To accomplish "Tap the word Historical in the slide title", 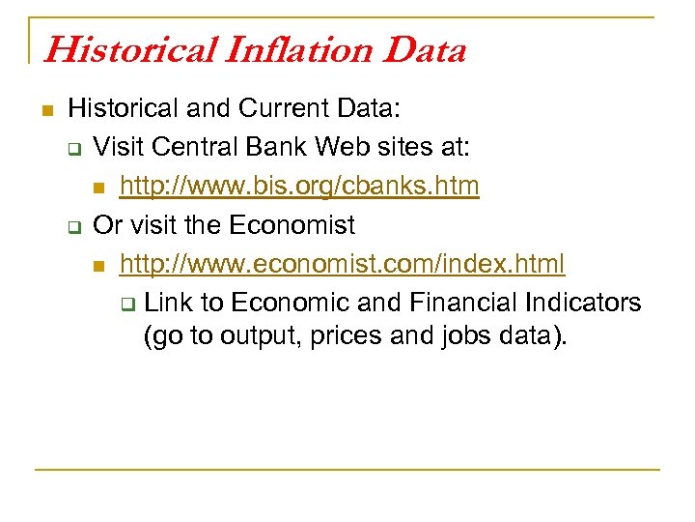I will pyautogui.click(x=108, y=48).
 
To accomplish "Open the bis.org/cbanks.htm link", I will pyautogui.click(x=299, y=186).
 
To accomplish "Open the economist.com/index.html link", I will pyautogui.click(x=343, y=263).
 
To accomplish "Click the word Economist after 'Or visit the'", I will pyautogui.click(x=292, y=224).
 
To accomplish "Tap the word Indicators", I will pyautogui.click(x=583, y=302).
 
